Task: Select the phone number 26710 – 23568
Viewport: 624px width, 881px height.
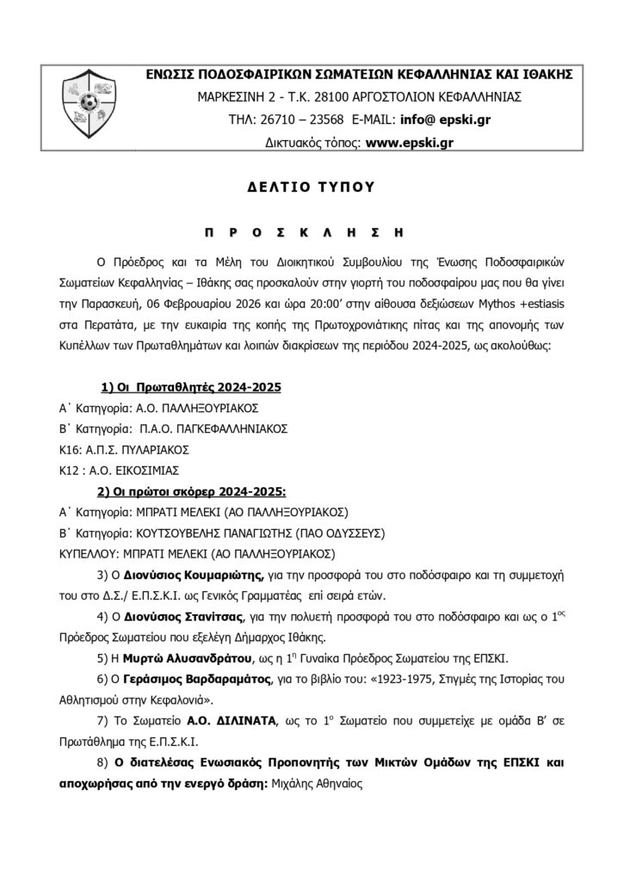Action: [x=302, y=119]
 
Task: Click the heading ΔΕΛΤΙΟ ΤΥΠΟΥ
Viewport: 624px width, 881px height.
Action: [x=312, y=186]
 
